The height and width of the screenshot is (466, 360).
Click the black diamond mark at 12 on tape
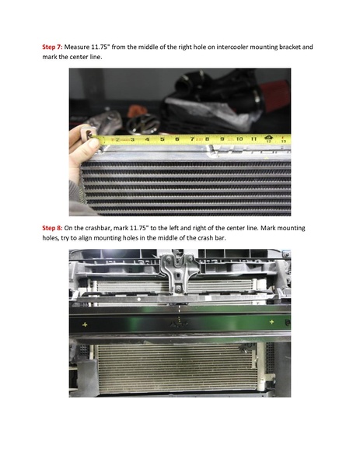coord(268,138)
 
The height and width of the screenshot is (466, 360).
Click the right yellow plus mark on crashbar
coord(271,321)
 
